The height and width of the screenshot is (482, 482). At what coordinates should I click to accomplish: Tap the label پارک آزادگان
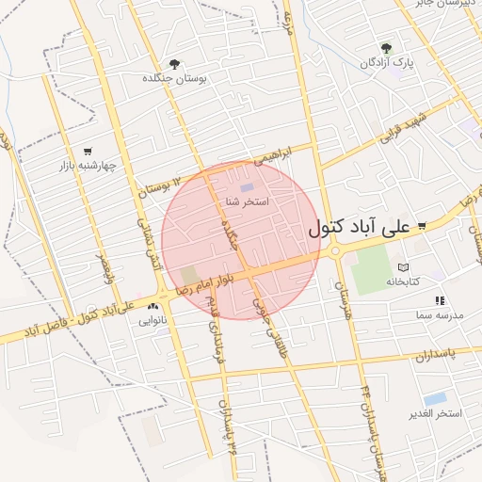tap(390, 62)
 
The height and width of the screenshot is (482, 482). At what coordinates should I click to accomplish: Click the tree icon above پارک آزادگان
tap(385, 47)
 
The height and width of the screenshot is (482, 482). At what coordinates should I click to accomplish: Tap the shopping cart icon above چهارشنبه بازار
tap(88, 151)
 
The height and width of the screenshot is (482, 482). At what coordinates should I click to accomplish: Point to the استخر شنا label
tap(248, 201)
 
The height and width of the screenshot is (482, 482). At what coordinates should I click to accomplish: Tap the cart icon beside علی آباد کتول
tap(422, 225)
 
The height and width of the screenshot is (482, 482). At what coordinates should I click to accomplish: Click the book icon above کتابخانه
tap(403, 267)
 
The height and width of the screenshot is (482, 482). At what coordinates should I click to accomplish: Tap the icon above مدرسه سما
tap(439, 300)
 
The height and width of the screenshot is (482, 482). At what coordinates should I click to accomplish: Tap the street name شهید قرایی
tap(403, 127)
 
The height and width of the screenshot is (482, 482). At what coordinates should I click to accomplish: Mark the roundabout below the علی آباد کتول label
tap(335, 250)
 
